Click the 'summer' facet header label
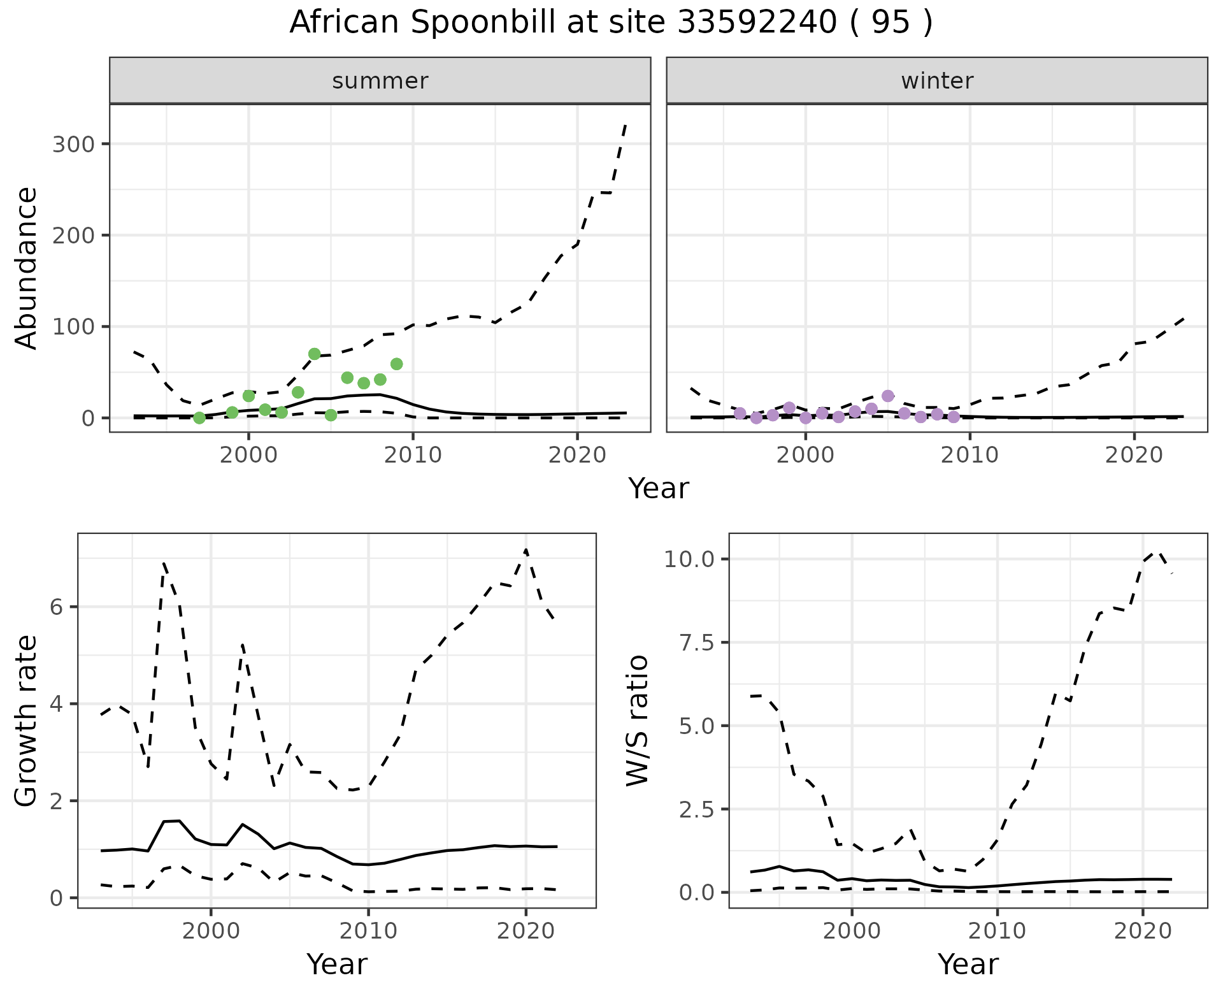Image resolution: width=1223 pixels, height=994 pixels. (380, 81)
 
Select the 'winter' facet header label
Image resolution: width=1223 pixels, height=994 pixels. (937, 81)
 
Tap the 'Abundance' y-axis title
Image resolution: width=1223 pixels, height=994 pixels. (27, 268)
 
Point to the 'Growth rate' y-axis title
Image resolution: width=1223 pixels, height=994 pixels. (27, 721)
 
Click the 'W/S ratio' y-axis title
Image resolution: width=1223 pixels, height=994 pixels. (638, 721)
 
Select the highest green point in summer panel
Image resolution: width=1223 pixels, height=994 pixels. (314, 354)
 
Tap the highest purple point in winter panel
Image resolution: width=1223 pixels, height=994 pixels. (888, 396)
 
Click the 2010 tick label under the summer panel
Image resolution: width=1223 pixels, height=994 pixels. (413, 456)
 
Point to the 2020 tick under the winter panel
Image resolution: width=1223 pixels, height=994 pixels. (1134, 456)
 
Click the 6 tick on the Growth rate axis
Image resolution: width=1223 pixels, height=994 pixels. (56, 607)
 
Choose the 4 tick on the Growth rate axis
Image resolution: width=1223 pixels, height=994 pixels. (56, 704)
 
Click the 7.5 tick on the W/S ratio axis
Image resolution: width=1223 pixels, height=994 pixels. (696, 642)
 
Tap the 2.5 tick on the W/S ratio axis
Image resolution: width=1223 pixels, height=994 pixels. (696, 809)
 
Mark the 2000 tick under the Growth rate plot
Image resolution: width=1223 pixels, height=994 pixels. (211, 931)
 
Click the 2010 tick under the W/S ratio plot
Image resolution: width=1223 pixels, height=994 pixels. (998, 931)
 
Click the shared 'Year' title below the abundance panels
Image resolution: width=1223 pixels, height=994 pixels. (659, 489)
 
